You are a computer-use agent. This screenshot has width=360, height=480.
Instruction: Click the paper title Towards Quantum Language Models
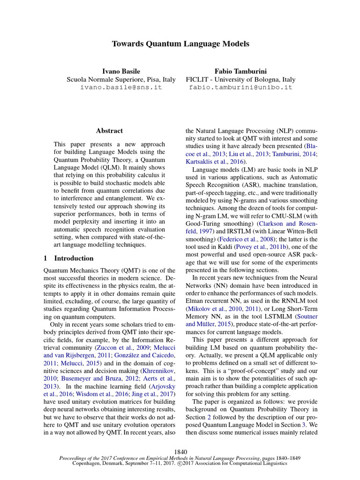point(180,44)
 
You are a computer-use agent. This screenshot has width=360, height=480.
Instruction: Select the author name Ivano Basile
point(114,71)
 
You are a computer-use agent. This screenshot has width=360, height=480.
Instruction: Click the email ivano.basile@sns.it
point(114,87)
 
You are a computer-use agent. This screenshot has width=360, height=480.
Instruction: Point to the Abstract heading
point(109,131)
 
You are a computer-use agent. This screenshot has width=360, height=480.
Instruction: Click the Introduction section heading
point(74,258)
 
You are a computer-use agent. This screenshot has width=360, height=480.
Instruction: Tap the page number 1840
point(180,451)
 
